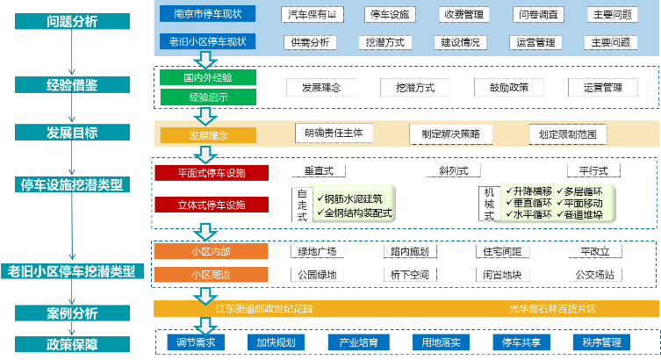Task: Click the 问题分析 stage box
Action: (x=72, y=22)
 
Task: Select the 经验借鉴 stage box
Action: (x=72, y=85)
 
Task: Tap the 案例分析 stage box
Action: (x=72, y=313)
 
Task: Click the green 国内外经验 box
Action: (x=208, y=78)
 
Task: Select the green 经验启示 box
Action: (x=208, y=97)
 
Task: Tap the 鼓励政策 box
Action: (x=502, y=88)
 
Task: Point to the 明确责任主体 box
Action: (x=334, y=133)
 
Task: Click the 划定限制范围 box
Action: (x=568, y=133)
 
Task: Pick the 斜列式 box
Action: (x=442, y=170)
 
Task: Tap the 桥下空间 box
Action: (x=411, y=274)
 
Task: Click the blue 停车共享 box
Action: (x=515, y=342)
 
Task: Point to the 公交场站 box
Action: (x=595, y=274)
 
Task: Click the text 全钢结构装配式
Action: (x=358, y=212)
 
